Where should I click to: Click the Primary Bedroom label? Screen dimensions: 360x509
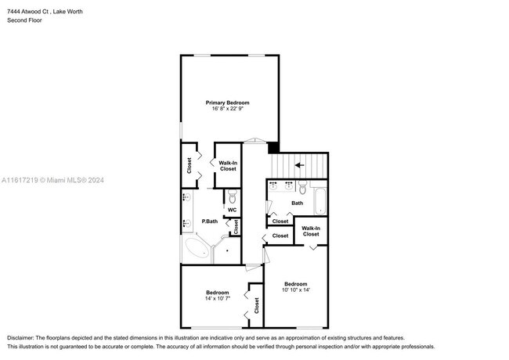click(227, 103)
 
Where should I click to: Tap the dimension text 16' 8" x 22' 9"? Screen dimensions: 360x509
click(227, 109)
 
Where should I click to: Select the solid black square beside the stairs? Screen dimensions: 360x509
click(273, 147)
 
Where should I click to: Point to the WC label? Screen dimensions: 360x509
click(232, 210)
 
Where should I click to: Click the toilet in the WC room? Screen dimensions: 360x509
click(233, 197)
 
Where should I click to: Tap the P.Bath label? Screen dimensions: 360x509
click(209, 221)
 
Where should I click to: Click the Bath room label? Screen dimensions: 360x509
click(297, 203)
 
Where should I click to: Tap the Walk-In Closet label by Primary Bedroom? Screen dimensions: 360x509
click(228, 166)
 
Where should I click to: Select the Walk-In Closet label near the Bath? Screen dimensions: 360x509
click(310, 232)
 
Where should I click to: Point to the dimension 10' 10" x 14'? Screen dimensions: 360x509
click(295, 290)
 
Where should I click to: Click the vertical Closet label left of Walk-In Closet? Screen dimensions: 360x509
click(190, 165)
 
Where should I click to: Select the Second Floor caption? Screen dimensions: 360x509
click(25, 20)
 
